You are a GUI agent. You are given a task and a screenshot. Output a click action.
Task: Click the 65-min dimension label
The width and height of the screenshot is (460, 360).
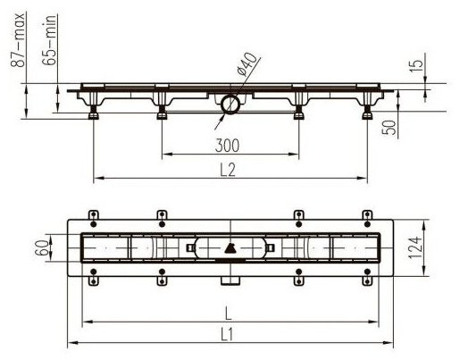49,40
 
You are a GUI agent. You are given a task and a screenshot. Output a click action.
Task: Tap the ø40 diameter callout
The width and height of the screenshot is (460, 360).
247,64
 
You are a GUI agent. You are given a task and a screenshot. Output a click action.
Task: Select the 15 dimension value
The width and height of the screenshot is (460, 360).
416,66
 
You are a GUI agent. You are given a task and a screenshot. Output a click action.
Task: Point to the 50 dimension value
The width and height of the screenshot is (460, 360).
389,128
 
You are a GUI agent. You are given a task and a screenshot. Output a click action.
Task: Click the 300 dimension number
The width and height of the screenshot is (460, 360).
227,146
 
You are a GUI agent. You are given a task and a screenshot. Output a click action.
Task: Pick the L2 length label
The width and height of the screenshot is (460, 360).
228,170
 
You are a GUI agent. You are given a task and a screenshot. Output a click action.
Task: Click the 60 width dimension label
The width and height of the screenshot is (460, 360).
42,247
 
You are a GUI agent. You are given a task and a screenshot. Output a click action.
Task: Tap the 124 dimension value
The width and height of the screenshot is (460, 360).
415,247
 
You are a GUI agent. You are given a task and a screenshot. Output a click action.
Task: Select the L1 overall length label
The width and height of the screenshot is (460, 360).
227,335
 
